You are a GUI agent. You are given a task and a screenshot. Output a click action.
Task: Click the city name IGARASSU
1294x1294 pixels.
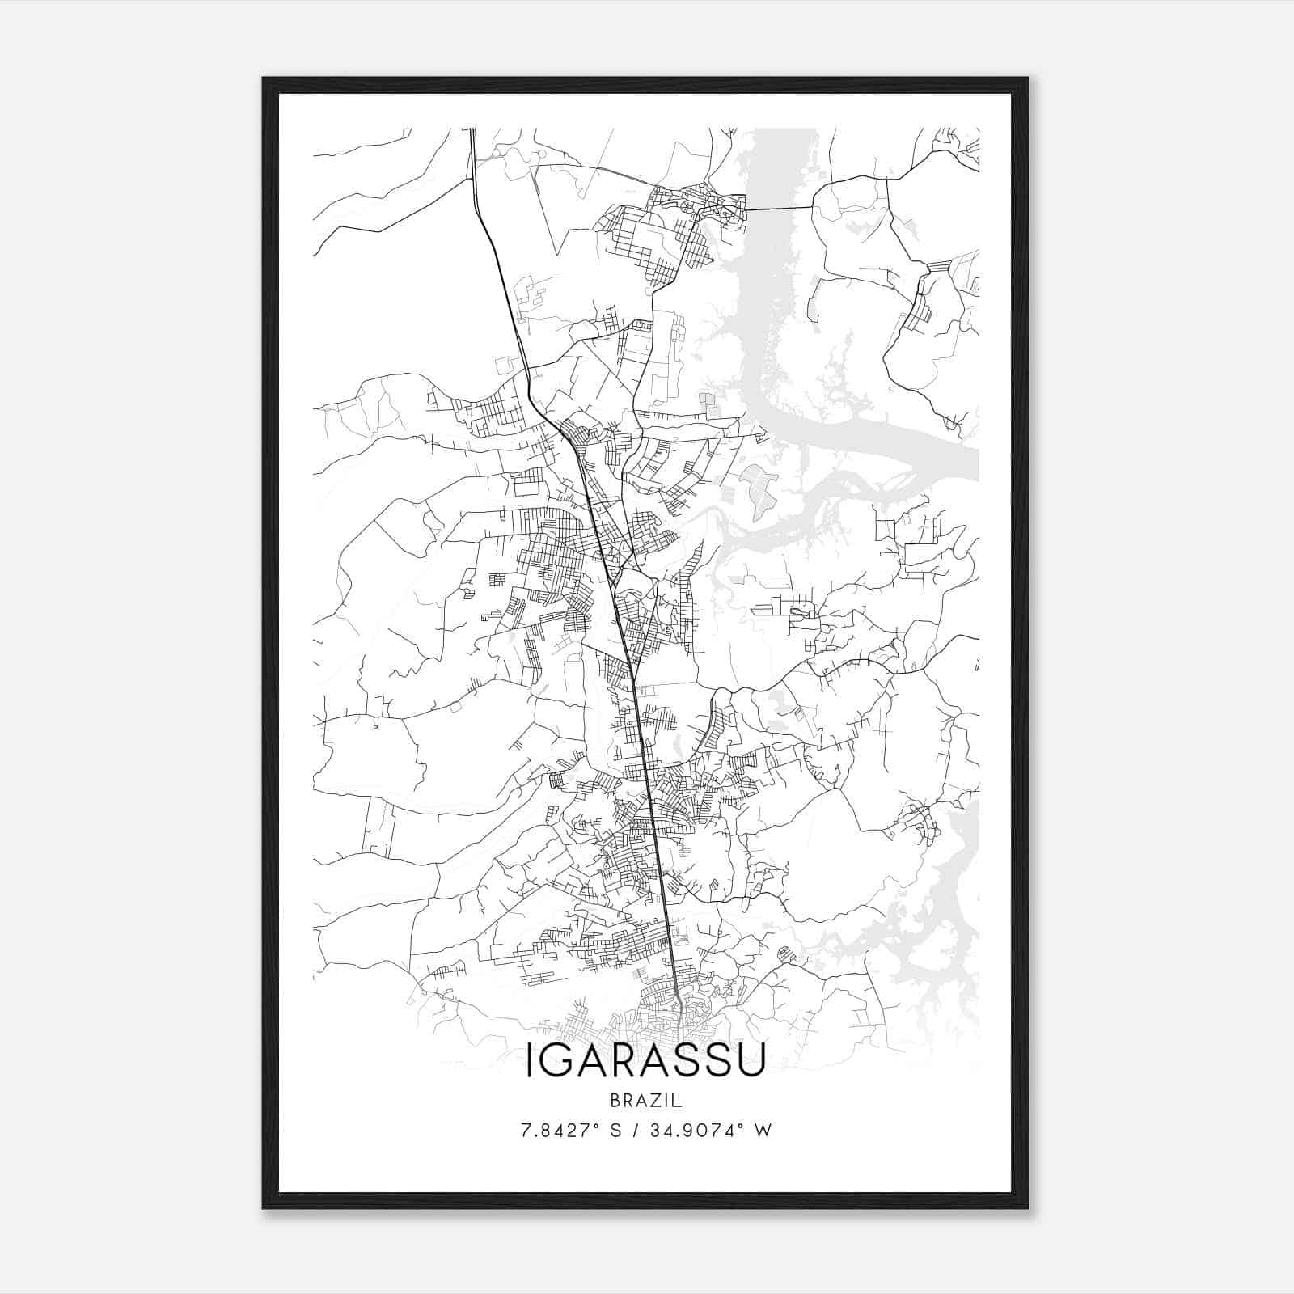tap(645, 1062)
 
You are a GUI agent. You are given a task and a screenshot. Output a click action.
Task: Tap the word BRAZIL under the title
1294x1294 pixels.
tap(645, 1101)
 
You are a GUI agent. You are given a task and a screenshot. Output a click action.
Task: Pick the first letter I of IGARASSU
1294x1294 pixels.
tap(531, 1062)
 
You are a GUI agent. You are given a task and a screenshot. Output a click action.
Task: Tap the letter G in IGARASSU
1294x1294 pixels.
tap(557, 1062)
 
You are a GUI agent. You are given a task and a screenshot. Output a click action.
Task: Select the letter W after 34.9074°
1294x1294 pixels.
tap(763, 1130)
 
